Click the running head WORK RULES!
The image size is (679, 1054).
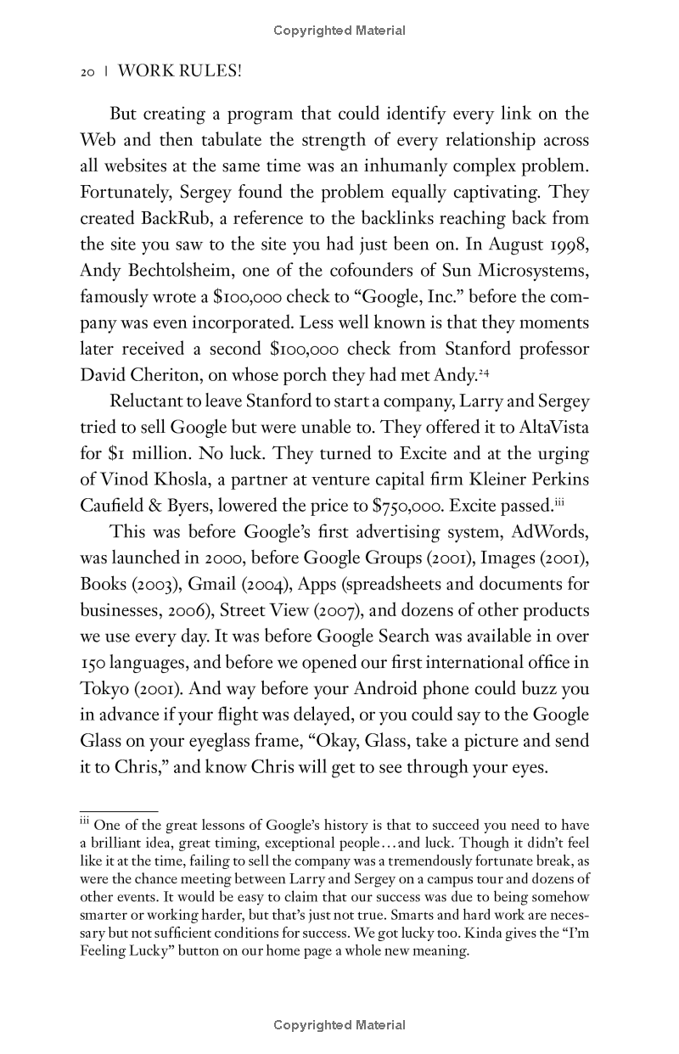tap(180, 72)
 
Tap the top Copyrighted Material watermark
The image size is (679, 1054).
tap(339, 31)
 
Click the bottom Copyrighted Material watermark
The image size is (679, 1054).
tap(339, 1025)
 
